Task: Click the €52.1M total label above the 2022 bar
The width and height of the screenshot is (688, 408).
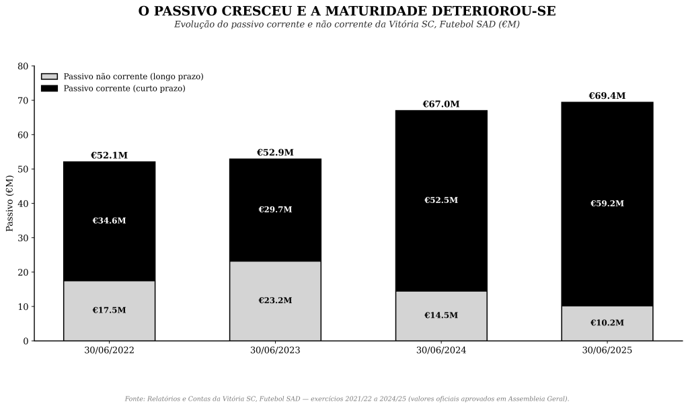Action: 109,155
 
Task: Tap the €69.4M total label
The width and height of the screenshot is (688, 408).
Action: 607,96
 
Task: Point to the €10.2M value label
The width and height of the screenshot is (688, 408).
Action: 607,323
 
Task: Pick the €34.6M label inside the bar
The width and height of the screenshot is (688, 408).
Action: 109,220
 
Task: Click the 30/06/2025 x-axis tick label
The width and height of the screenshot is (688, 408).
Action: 607,350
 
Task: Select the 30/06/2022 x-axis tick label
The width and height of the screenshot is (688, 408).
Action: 109,350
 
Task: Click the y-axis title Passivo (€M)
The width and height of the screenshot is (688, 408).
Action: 10,203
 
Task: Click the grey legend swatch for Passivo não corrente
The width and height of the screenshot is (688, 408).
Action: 49,77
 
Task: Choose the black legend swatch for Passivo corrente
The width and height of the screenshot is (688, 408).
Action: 49,88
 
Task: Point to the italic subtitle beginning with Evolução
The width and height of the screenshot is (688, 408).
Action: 346,25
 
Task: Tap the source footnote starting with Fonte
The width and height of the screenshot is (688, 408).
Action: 346,399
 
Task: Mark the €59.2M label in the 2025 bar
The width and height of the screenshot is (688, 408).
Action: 607,204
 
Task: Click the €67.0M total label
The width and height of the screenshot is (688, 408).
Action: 441,104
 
